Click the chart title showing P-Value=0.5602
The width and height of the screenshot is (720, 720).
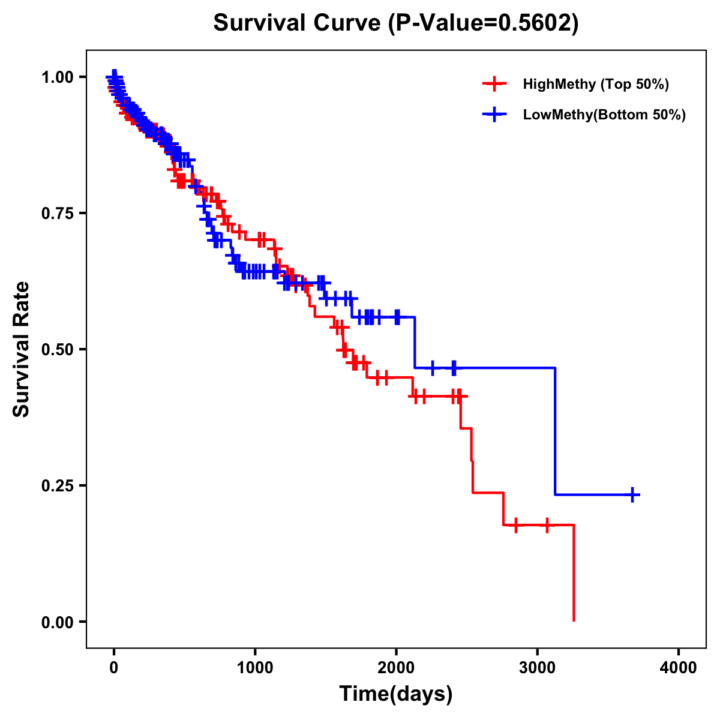click(396, 23)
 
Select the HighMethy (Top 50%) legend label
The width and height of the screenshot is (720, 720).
click(596, 84)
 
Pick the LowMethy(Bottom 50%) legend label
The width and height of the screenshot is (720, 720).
click(604, 115)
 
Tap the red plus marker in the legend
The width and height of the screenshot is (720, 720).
click(494, 84)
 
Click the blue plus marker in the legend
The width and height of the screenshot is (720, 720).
click(494, 115)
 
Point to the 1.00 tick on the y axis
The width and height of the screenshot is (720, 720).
click(57, 77)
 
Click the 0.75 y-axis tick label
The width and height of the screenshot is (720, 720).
click(57, 213)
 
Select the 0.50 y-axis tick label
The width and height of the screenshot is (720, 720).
click(57, 349)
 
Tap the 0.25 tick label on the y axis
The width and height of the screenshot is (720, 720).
click(57, 485)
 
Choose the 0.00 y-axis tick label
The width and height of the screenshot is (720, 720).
click(57, 622)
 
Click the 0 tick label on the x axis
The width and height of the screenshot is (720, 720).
click(114, 668)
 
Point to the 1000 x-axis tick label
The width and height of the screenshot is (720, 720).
click(255, 668)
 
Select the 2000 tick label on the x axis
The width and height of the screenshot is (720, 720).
click(396, 668)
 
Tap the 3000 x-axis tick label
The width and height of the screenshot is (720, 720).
click(538, 668)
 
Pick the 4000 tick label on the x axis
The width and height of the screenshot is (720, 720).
click(679, 668)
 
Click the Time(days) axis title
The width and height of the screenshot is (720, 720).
click(396, 694)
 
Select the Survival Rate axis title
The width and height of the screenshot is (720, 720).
click(22, 349)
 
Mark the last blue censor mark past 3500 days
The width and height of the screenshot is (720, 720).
click(632, 494)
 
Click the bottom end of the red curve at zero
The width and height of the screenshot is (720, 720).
click(574, 620)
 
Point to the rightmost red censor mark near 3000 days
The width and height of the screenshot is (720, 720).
click(547, 525)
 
